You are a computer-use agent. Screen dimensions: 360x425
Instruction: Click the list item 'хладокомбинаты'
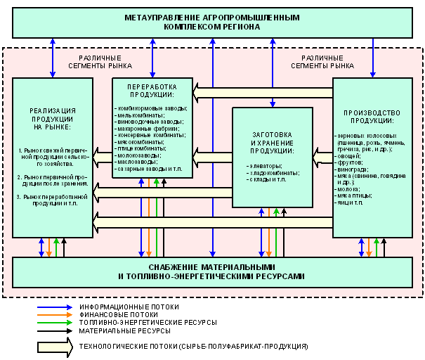(268, 172)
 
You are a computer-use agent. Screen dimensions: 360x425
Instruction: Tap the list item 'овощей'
(350, 155)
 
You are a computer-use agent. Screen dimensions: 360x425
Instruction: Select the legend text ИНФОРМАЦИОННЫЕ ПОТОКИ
(129, 307)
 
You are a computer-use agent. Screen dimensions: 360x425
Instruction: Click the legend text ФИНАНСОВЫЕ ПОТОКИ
(119, 314)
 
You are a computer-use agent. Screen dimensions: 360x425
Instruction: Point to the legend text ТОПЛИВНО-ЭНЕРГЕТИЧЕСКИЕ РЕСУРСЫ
(148, 322)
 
